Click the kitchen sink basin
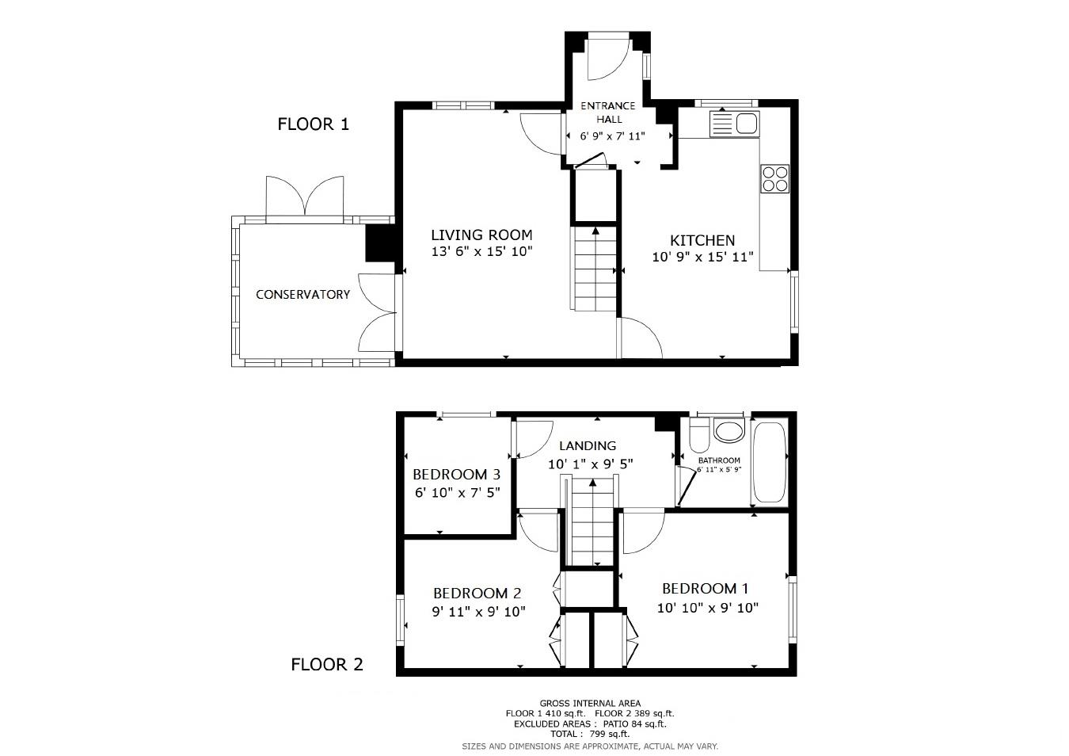[747, 124]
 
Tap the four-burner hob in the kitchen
[775, 178]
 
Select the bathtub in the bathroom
[770, 462]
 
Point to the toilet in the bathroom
[700, 435]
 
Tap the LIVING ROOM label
[481, 235]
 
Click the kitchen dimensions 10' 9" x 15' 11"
[702, 257]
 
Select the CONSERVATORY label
[303, 295]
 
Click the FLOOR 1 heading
[313, 124]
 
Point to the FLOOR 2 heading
[327, 664]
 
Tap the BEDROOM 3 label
[456, 474]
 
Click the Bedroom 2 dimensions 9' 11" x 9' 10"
[478, 611]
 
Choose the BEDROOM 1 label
[705, 588]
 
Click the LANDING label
[588, 446]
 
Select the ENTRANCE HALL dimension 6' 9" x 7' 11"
[612, 136]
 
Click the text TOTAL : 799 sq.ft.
[590, 734]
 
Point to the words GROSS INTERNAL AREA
[590, 703]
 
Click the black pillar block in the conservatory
[380, 242]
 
